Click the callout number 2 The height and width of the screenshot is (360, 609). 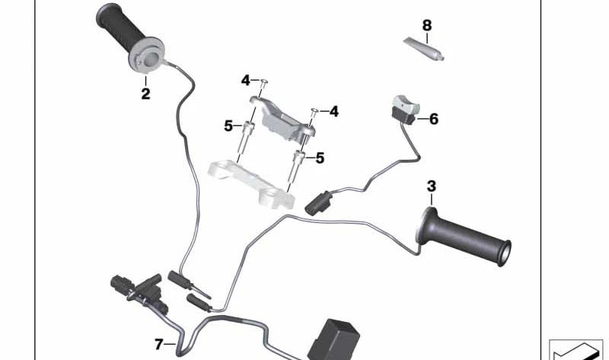pyautogui.click(x=145, y=95)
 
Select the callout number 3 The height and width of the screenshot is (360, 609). pyautogui.click(x=432, y=186)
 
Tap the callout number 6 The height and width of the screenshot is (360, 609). pyautogui.click(x=434, y=119)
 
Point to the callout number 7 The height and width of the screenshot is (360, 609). pyautogui.click(x=158, y=345)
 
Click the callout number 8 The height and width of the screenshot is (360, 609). pyautogui.click(x=426, y=25)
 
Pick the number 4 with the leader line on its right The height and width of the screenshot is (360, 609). pyautogui.click(x=245, y=80)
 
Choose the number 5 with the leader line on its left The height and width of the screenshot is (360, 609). pyautogui.click(x=320, y=158)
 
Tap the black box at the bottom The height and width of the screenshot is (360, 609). pyautogui.click(x=333, y=338)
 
